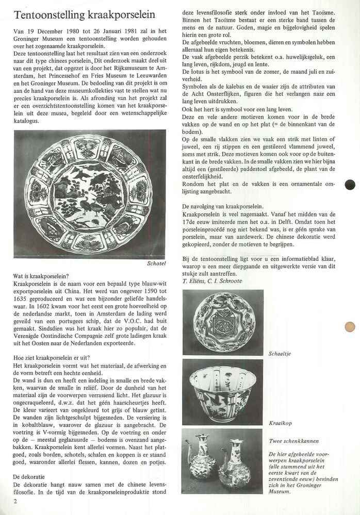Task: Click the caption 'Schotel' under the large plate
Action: point(156,263)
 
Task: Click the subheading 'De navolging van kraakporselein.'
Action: point(230,206)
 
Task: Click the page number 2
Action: point(16,501)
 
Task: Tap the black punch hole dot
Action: point(350,184)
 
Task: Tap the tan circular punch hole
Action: point(350,326)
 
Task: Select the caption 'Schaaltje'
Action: point(280,354)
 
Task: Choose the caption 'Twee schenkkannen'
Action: point(293,441)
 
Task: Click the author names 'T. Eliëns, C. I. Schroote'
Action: point(212,281)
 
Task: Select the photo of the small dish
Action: point(223,322)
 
